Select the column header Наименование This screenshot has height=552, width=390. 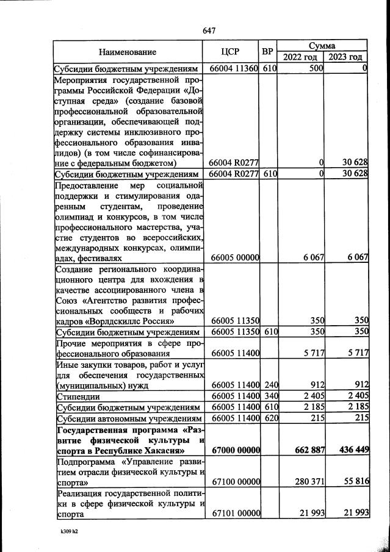point(128,52)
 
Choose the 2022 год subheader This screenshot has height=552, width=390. point(301,57)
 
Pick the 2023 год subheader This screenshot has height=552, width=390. point(346,57)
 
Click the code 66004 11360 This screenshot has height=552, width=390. point(234,69)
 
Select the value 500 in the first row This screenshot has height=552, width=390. point(316,69)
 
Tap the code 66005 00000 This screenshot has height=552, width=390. point(234,258)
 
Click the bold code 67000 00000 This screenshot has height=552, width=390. point(234,451)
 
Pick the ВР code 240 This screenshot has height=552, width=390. point(269,385)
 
